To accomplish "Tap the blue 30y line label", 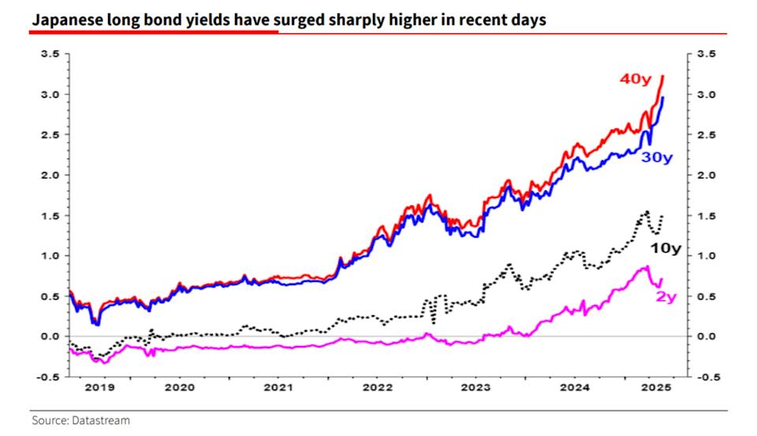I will tap(657, 157).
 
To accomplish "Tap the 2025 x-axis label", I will tap(654, 389).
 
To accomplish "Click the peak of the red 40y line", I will tap(663, 76).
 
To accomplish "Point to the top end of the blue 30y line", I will tap(663, 97).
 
